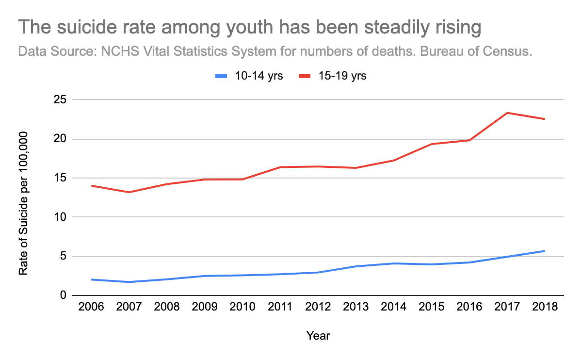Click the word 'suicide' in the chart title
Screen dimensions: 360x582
[x=85, y=28]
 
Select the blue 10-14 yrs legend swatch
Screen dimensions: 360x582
[x=221, y=76]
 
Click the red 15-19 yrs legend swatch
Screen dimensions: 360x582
[x=304, y=76]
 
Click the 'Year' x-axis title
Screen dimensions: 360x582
[x=318, y=335]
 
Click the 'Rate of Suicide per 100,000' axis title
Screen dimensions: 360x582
[x=23, y=204]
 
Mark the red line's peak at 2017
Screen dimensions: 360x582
[x=507, y=113]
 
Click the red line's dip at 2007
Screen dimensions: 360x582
[x=129, y=192]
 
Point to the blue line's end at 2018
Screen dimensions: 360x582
[x=545, y=251]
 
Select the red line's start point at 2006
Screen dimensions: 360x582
[x=91, y=186]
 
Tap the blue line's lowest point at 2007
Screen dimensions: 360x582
[x=129, y=282]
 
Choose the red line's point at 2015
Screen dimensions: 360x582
[x=431, y=144]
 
